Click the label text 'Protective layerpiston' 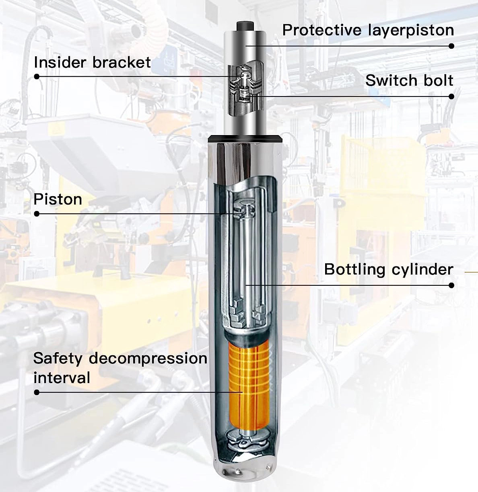(368, 30)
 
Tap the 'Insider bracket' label (93, 62)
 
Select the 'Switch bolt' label (409, 80)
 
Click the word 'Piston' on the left (58, 200)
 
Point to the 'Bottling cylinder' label (389, 269)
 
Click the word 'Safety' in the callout (58, 359)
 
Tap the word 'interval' (62, 377)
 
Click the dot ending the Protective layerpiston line (451, 46)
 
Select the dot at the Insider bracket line (37, 76)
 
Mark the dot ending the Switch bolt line (451, 96)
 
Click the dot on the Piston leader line (37, 214)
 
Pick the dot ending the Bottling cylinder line (451, 285)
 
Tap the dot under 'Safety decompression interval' (37, 392)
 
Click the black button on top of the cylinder (245, 26)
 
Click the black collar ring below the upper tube (245, 139)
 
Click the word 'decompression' (148, 359)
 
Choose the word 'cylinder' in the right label (422, 269)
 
